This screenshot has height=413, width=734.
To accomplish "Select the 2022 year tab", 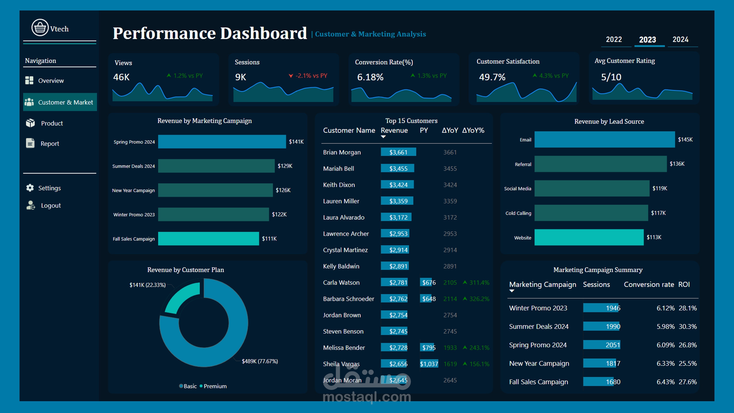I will (614, 39).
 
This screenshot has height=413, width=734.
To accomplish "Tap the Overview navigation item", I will (51, 81).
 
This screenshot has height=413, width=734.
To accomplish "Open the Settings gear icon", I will (30, 188).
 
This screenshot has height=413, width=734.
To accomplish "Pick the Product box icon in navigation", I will (30, 123).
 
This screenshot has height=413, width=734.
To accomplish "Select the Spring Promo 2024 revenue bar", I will (222, 142).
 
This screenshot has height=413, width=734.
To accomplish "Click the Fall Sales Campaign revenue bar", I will (208, 239).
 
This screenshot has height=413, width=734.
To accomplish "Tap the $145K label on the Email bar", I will (685, 139).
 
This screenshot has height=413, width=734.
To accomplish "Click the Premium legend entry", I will (215, 386).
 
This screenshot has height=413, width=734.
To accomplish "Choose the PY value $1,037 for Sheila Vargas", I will (429, 364).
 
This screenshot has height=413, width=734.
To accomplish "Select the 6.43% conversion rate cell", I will (665, 382).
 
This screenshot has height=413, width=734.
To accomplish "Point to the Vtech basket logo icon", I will (40, 28).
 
